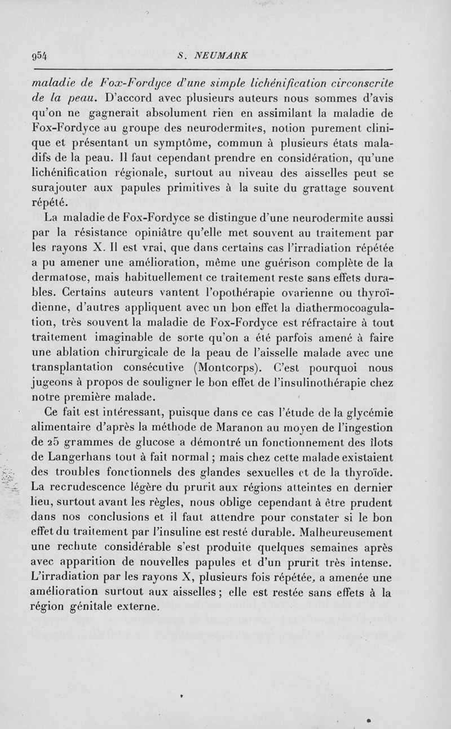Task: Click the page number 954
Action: (41, 56)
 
